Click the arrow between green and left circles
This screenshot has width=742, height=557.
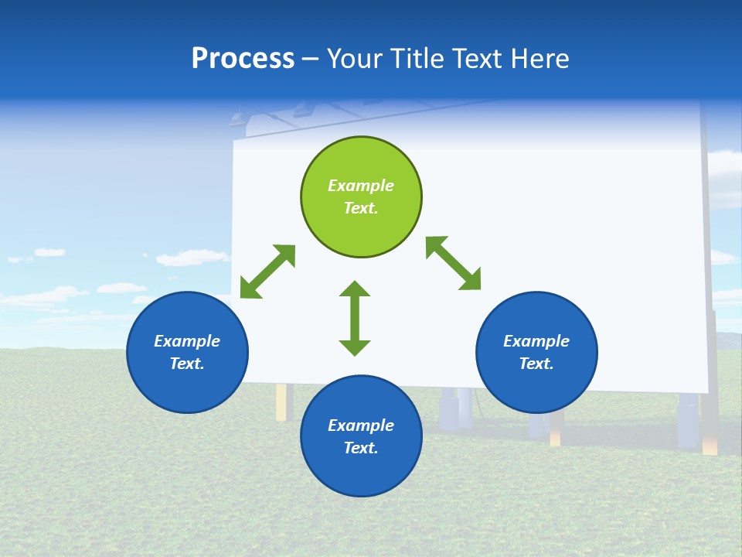267,272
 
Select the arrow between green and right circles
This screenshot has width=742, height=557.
453,263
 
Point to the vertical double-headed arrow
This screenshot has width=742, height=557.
355,318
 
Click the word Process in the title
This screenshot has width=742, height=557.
243,58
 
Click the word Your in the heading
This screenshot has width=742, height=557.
354,58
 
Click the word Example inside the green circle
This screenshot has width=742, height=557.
361,186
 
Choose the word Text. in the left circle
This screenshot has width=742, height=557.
187,364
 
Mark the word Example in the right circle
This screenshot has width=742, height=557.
536,341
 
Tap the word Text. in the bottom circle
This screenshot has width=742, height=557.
361,448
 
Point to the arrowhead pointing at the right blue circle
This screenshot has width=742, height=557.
471,280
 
